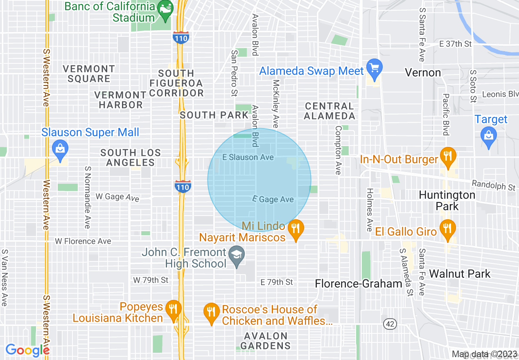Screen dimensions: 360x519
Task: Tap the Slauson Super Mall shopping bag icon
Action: point(61,149)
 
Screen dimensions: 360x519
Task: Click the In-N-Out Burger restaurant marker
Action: point(448,157)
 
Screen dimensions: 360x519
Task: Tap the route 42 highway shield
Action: point(390,324)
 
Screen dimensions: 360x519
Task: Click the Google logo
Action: point(27,350)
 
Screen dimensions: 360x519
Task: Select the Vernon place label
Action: point(423,73)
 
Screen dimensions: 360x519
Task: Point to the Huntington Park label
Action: point(447,200)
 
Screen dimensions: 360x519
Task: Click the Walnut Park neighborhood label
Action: point(460,274)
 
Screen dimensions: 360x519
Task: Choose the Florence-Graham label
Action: point(359,284)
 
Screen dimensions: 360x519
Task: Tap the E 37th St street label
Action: point(455,44)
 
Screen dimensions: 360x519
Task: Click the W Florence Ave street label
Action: point(83,241)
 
